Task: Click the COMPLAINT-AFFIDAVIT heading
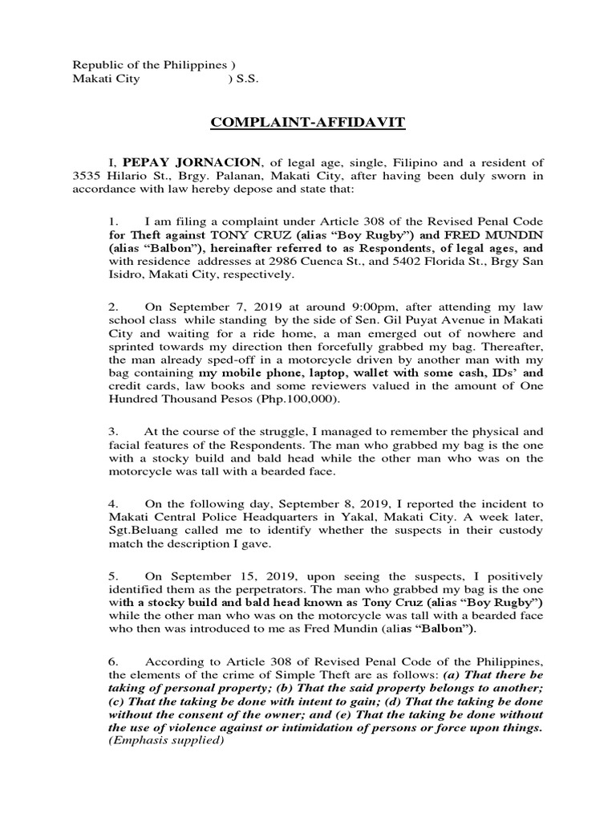pos(309,123)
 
